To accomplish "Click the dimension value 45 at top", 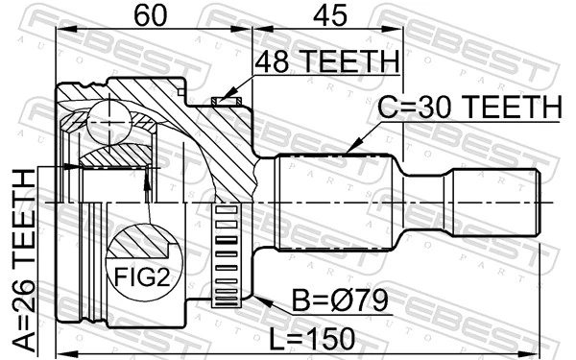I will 325,15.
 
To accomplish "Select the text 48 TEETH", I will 325,62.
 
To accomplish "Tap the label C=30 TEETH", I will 468,108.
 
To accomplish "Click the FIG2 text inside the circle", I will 141,280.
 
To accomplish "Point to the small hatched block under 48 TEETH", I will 225,98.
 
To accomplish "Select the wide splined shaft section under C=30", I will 335,202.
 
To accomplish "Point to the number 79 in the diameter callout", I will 370,303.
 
